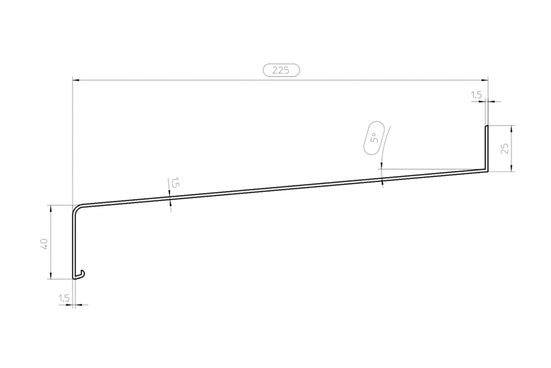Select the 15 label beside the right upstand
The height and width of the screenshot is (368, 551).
tap(476, 97)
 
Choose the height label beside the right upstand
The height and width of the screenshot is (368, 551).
tap(504, 148)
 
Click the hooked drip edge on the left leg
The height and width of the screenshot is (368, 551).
tap(81, 274)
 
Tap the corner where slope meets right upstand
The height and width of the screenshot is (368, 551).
tap(486, 171)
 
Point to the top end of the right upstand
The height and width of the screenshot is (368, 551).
tap(487, 126)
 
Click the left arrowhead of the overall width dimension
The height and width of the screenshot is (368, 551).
tap(75, 81)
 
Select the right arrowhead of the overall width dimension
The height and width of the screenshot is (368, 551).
tap(486, 81)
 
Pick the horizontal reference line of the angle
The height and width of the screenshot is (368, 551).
tap(430, 169)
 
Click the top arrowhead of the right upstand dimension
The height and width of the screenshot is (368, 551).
tap(513, 128)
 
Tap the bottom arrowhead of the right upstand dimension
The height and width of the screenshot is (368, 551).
tap(513, 168)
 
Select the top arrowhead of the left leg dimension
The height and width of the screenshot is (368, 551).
tap(50, 208)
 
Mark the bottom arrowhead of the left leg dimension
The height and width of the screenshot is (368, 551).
tap(50, 276)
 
